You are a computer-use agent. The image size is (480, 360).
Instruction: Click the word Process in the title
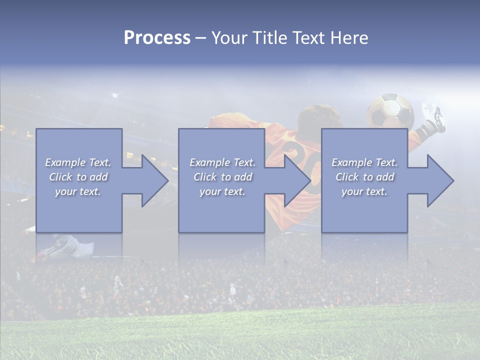coord(157,38)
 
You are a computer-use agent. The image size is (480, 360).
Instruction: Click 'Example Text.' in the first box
coord(78,162)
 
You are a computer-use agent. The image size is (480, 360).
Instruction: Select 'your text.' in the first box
coord(78,191)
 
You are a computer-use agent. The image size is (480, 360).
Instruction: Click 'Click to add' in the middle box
coord(222,177)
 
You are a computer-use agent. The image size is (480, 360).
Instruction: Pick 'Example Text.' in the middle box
coord(222,162)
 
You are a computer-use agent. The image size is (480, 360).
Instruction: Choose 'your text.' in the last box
coord(364,191)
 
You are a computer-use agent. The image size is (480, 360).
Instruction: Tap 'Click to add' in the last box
coord(364,177)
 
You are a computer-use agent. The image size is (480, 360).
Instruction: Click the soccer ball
coord(390,111)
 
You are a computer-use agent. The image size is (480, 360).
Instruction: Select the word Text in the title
coord(307,38)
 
